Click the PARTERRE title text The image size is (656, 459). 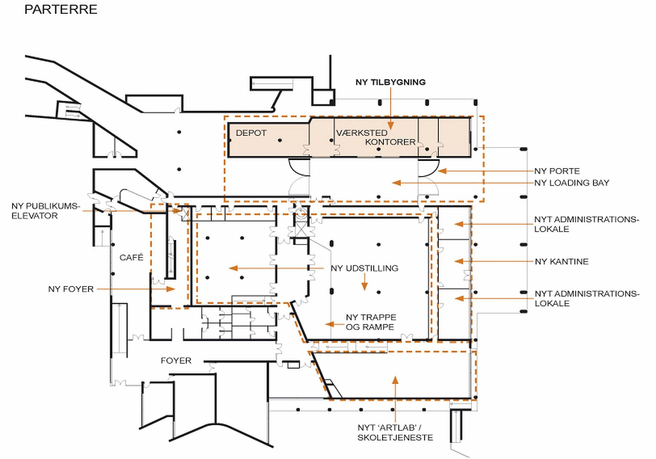60,9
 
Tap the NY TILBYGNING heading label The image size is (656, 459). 390,82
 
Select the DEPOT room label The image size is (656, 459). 251,133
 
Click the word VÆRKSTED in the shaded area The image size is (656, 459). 362,133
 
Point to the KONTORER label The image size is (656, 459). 390,142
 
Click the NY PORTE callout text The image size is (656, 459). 557,171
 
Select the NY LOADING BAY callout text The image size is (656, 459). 571,183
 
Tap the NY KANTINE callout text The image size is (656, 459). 561,261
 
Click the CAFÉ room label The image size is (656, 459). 131,257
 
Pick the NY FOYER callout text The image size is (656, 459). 71,289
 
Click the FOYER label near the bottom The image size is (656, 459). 176,361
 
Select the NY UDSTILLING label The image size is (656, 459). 364,268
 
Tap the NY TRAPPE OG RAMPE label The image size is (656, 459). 370,322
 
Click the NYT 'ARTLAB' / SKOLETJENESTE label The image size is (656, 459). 395,432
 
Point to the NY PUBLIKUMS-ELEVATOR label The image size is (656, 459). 45,211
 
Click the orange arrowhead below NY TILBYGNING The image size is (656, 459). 390,126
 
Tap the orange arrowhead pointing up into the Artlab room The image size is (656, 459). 395,380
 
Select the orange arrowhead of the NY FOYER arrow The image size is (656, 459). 171,289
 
